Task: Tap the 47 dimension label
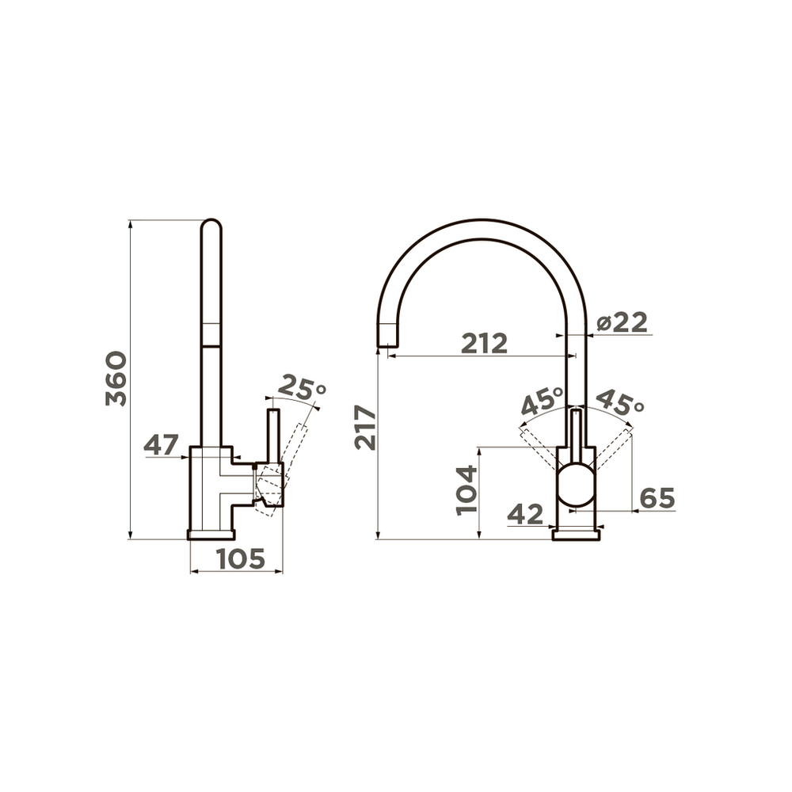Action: [x=162, y=445]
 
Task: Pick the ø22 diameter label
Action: [x=622, y=322]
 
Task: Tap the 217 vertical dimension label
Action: [x=365, y=427]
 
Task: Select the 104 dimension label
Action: [x=467, y=491]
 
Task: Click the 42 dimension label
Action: [x=525, y=515]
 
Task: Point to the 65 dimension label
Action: [x=657, y=498]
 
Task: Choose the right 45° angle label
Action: [x=619, y=402]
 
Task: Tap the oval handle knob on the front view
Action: [x=576, y=485]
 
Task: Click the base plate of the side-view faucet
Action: [x=211, y=534]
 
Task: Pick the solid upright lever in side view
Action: [x=273, y=436]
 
